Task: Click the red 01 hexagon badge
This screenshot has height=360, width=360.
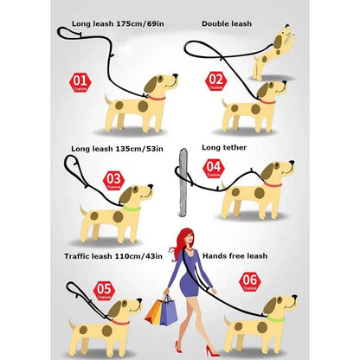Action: tap(79, 83)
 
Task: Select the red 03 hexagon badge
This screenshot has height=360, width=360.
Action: tap(113, 181)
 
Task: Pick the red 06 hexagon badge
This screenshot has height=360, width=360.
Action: tap(249, 279)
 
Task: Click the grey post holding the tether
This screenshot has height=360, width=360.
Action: tap(183, 182)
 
